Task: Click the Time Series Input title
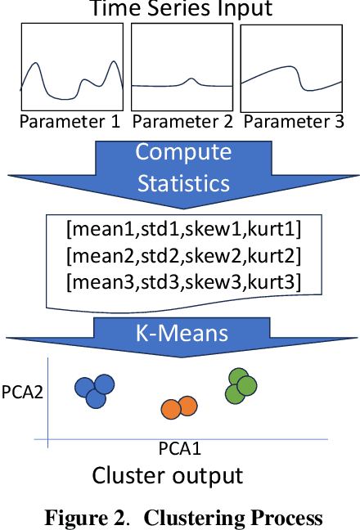180,9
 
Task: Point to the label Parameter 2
182,123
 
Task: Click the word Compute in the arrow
183,152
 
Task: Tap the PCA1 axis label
180,449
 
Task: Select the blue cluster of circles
94,391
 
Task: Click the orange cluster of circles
178,406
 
